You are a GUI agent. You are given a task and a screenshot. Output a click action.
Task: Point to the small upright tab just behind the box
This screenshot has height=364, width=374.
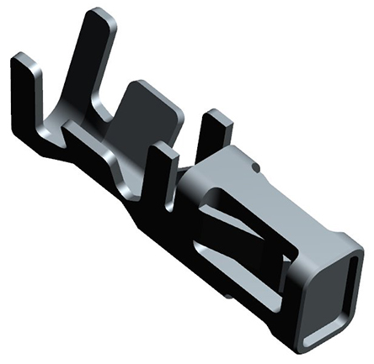[x=214, y=130]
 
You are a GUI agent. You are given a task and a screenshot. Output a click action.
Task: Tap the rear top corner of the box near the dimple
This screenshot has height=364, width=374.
[x=240, y=151]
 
